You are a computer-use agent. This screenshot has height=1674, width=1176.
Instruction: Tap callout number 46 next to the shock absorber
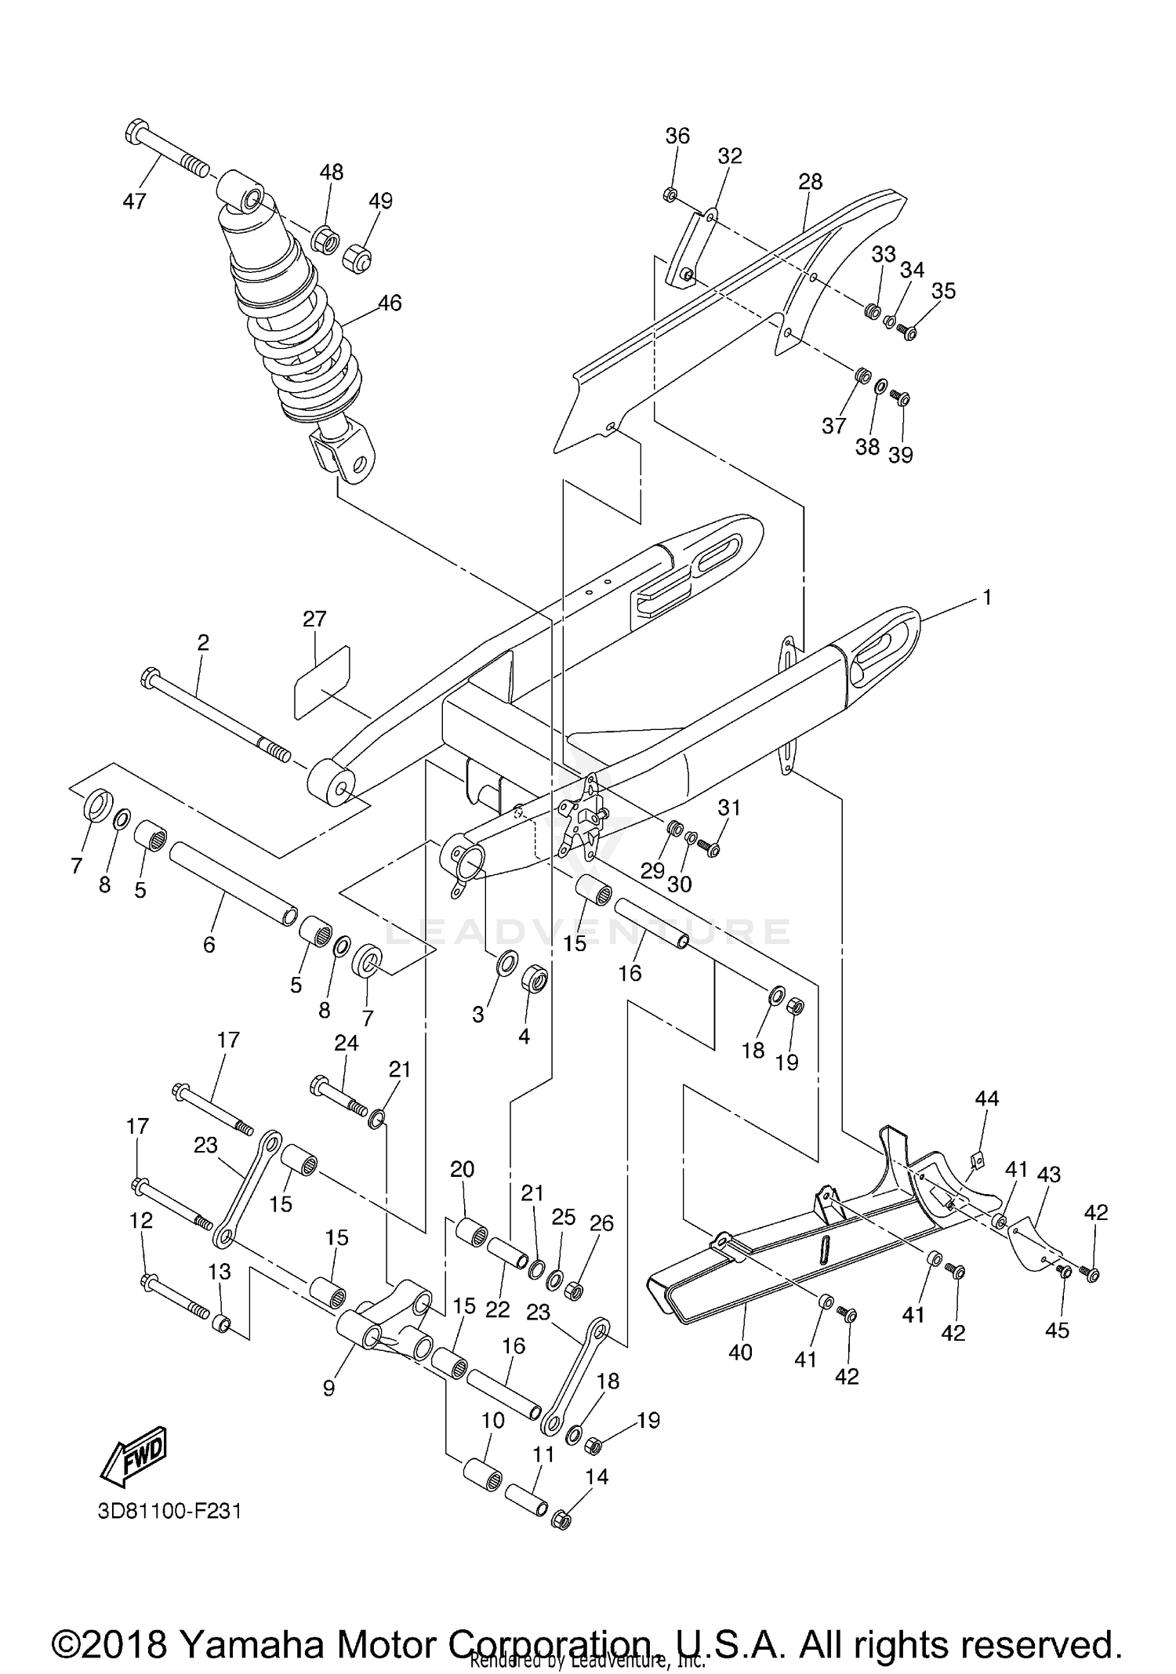coord(389,303)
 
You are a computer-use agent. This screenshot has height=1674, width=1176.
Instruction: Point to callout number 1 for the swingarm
coord(987,597)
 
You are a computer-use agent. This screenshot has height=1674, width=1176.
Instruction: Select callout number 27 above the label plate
coord(314,619)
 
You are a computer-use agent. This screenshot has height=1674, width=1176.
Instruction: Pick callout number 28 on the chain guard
coord(810,182)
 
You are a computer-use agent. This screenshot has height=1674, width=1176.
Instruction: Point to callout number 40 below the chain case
coord(740,1352)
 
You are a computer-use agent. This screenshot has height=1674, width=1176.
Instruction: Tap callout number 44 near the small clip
coord(986,1098)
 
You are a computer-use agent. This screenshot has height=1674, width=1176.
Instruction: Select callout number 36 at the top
coord(677,136)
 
